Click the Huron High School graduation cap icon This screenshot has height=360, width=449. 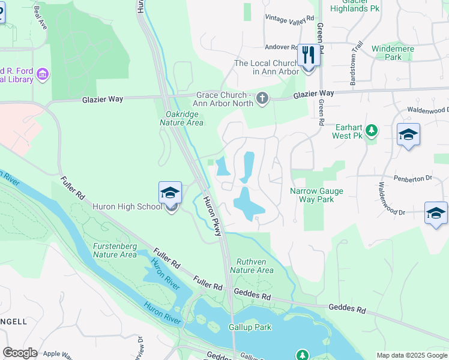(170, 193)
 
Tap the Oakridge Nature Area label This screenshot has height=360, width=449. (181, 117)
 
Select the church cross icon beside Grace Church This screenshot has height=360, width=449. (262, 98)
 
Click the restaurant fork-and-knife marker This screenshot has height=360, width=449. (307, 56)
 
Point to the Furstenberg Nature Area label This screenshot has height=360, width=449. (115, 250)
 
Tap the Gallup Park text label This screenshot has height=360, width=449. (250, 327)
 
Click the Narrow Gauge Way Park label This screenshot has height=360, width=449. (312, 195)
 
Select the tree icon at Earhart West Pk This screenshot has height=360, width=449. (372, 130)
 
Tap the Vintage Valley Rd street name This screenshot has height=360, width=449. (290, 19)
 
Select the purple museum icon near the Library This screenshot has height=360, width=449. (42, 74)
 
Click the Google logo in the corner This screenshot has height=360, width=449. (20, 353)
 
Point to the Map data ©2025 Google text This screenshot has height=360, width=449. (412, 355)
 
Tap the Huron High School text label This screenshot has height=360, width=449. (127, 207)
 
